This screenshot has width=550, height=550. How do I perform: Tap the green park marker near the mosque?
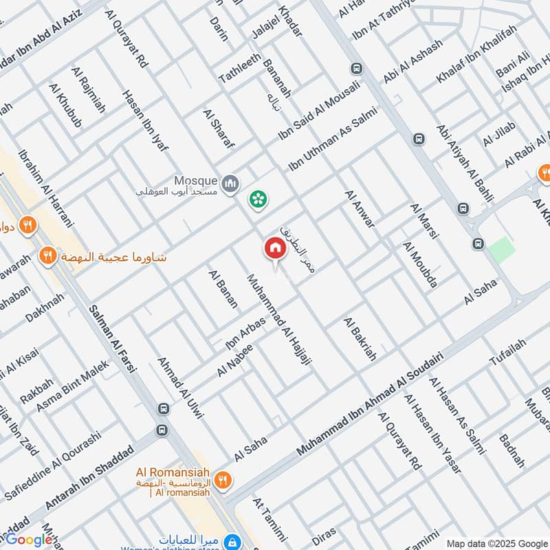tap(258, 200)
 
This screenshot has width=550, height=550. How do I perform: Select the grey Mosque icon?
tap(230, 184)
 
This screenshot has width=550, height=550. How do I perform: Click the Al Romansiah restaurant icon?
tap(222, 480)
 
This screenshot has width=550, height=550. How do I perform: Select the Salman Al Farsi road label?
tap(114, 339)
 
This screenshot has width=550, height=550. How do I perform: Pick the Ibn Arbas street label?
tap(245, 333)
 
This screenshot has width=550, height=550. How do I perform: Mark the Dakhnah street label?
tap(45, 307)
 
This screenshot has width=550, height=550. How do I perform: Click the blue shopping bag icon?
tap(234, 541)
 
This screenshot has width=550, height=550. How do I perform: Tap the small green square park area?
tap(502, 249)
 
